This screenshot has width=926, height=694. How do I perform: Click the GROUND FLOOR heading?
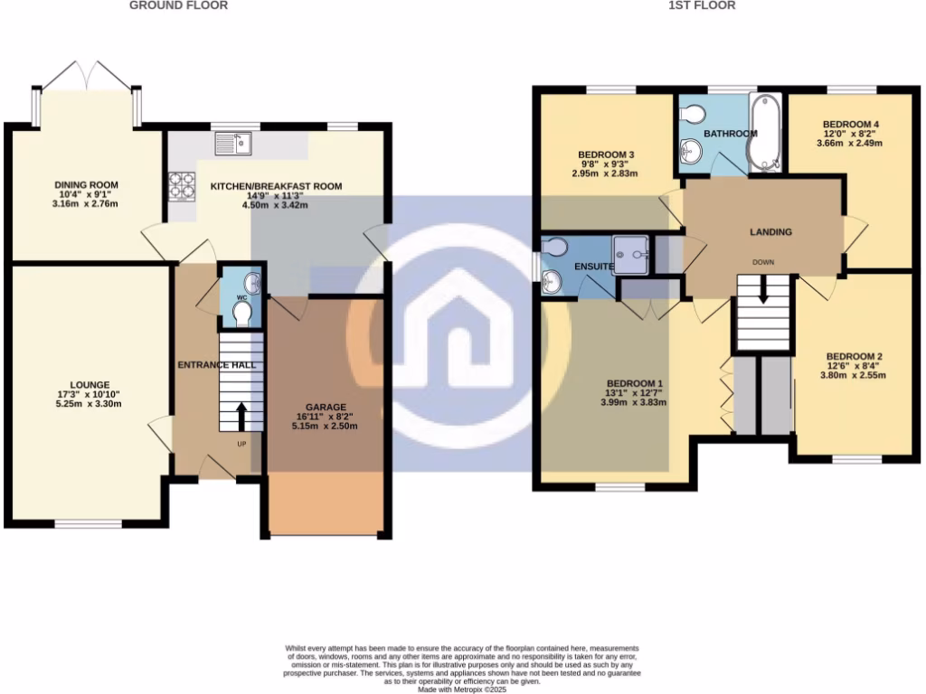pyautogui.click(x=178, y=5)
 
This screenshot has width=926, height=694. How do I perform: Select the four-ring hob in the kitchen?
pyautogui.click(x=182, y=185)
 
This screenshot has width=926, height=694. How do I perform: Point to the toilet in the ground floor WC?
pyautogui.click(x=241, y=314)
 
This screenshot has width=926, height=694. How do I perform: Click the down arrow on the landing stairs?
pyautogui.click(x=763, y=289)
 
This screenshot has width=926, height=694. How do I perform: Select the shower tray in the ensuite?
pyautogui.click(x=631, y=255)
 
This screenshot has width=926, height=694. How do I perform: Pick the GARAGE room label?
pyautogui.click(x=326, y=407)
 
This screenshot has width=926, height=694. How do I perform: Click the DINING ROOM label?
pyautogui.click(x=87, y=185)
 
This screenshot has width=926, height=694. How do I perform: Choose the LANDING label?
pyautogui.click(x=770, y=232)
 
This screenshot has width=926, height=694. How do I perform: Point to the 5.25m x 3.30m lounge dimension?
pyautogui.click(x=88, y=405)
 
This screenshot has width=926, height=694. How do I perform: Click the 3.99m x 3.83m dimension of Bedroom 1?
pyautogui.click(x=633, y=403)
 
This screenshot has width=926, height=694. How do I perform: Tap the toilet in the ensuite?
pyautogui.click(x=553, y=247)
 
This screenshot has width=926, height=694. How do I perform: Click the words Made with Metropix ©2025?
pyautogui.click(x=462, y=689)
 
